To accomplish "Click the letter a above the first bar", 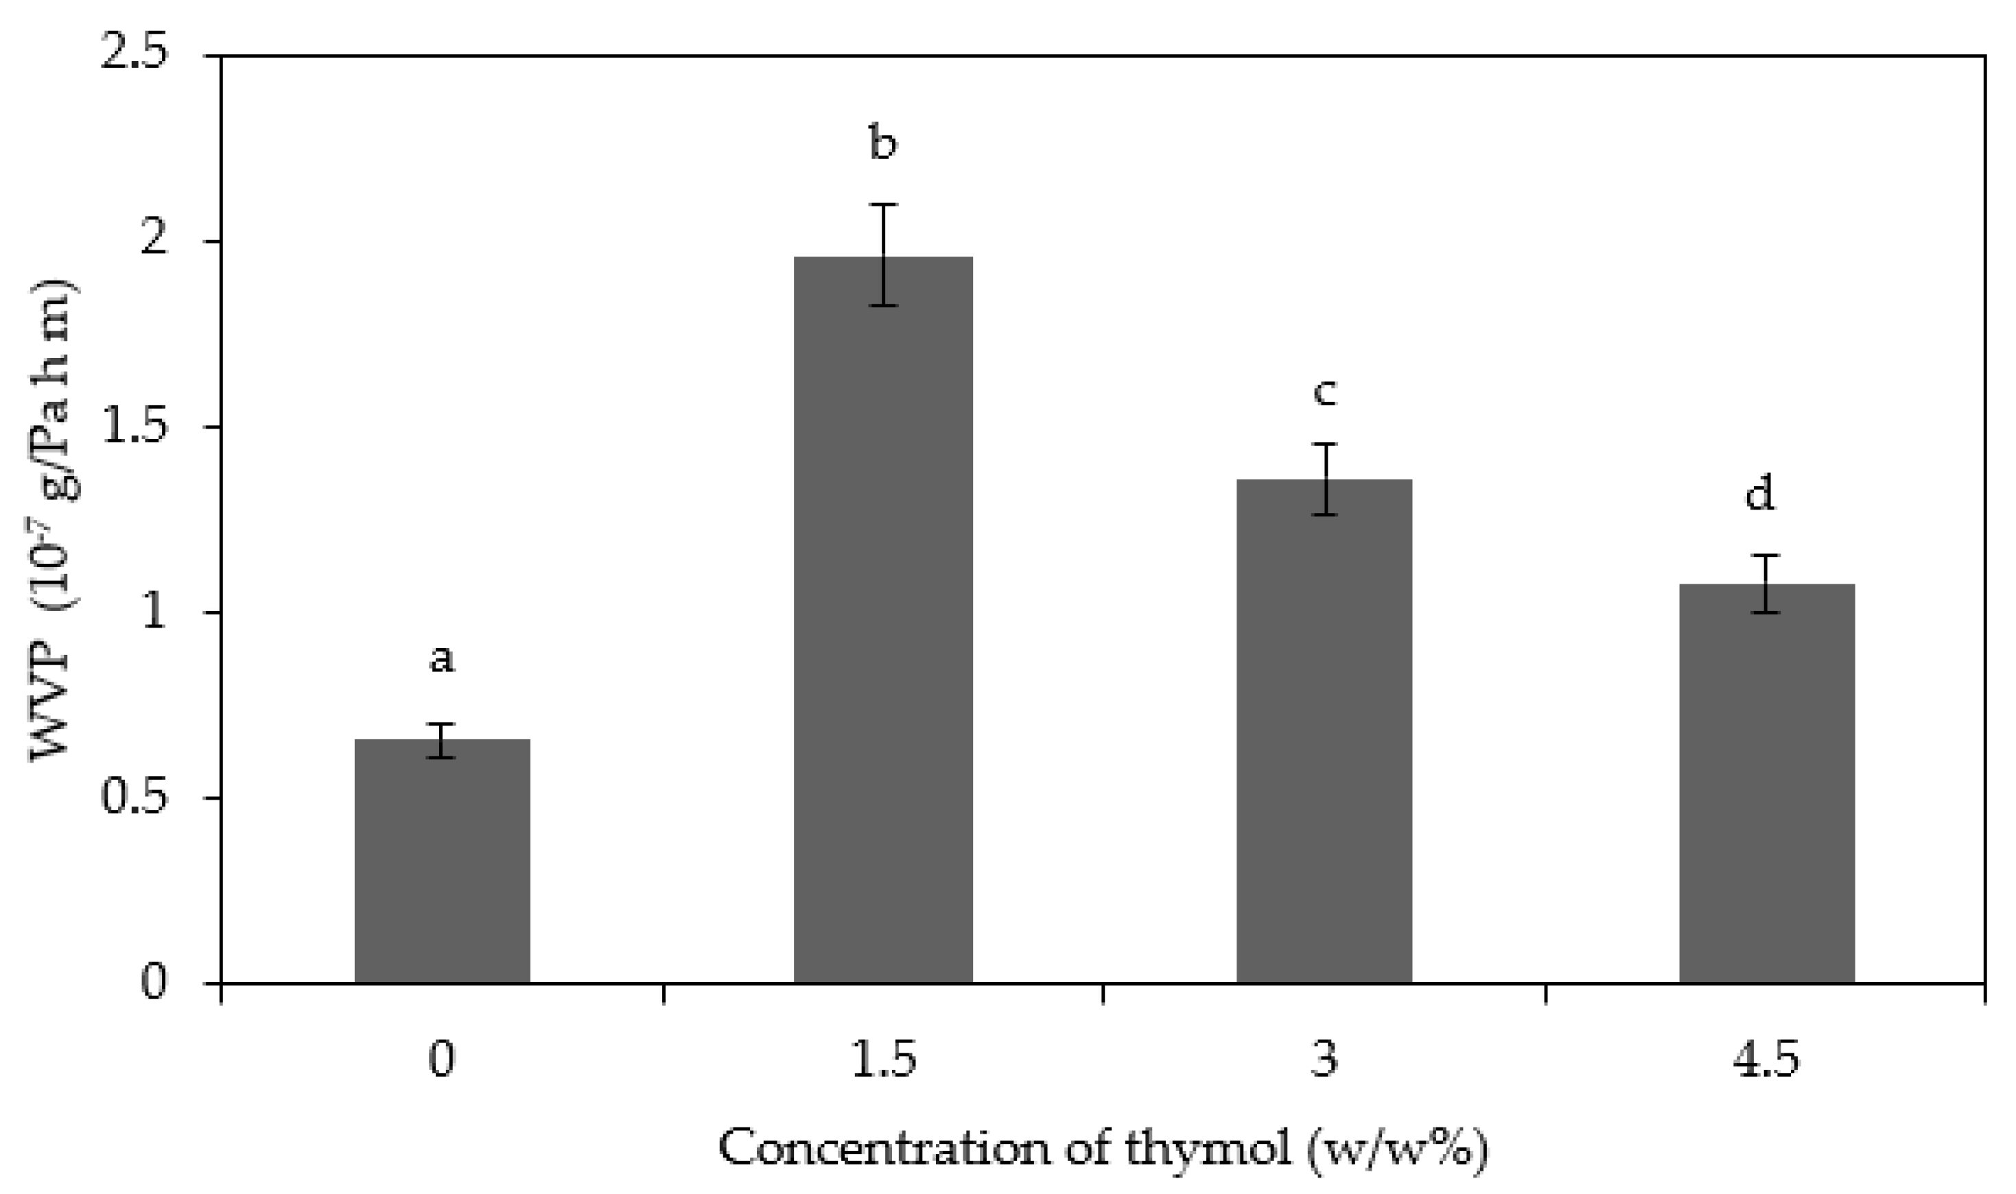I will coord(442,658).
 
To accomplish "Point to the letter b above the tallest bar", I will coord(883,143).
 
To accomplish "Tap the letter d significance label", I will coord(1760,492).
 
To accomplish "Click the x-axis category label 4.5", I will coord(1765,1060).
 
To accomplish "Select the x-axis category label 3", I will coord(1324,1060).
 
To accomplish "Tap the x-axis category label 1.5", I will coord(883,1060).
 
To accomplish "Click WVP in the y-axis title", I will coord(53,700).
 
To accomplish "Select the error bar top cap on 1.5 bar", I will coord(883,204).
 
